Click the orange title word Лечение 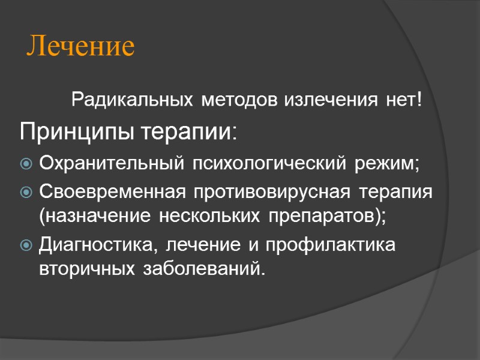point(81,47)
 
